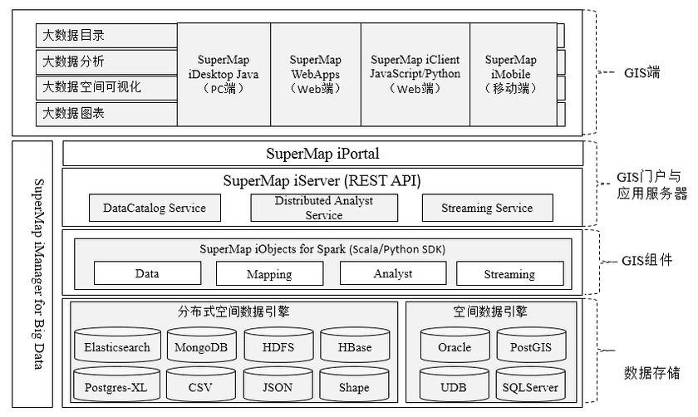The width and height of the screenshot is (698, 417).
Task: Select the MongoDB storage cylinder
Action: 197,346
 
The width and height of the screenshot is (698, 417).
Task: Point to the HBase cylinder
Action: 355,346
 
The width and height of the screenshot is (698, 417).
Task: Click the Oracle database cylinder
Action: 454,346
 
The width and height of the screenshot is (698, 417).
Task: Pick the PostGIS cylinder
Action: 531,346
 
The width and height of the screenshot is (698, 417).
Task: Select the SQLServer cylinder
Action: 531,386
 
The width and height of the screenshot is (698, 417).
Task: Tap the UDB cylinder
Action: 454,386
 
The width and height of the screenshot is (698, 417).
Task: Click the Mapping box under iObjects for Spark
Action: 268,273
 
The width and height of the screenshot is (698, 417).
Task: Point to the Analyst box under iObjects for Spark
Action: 392,273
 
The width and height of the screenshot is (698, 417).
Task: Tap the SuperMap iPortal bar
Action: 322,154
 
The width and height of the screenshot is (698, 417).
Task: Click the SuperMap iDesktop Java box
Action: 224,74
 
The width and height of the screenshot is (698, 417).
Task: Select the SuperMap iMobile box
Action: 511,74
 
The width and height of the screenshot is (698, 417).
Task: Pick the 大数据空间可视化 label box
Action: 106,87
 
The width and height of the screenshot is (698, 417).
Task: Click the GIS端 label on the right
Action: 641,71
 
